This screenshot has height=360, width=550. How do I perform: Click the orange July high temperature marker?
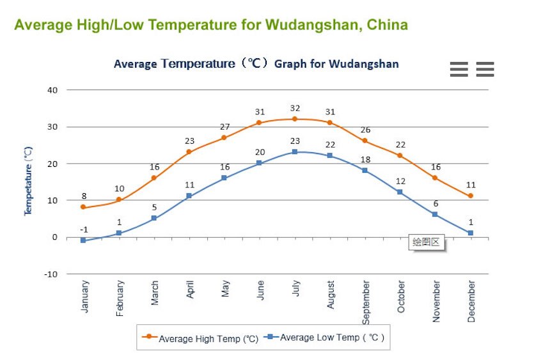click(295, 119)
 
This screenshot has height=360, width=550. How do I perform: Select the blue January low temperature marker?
click(83, 240)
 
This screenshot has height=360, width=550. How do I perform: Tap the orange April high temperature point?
click(189, 152)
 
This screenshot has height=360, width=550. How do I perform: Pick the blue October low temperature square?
click(400, 192)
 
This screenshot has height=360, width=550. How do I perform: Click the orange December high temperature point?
click(471, 196)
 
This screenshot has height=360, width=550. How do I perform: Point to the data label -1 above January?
click(84, 230)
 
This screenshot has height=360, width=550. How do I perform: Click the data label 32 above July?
click(295, 108)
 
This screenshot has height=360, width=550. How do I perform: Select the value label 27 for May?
click(224, 127)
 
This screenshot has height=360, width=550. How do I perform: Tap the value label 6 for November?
click(436, 203)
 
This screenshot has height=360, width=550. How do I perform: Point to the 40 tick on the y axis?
click(52, 90)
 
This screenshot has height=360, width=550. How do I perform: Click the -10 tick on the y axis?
click(51, 274)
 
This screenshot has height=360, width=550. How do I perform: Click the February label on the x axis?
click(120, 297)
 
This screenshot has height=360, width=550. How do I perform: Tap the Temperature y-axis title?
click(28, 182)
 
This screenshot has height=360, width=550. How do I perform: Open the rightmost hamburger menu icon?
click(485, 69)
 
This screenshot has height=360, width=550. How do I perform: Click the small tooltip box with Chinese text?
click(427, 242)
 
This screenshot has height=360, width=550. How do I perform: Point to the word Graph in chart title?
click(292, 64)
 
